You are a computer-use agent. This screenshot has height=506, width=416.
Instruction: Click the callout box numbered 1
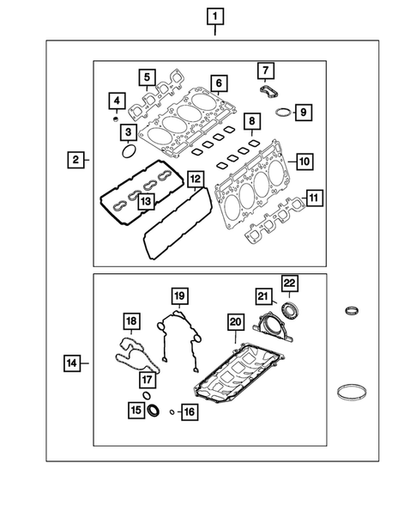point(214,15)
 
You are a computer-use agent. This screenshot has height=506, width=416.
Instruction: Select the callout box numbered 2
point(76,159)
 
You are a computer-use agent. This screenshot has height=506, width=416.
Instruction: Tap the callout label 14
point(75,363)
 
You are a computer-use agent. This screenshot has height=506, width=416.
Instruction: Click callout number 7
point(265,70)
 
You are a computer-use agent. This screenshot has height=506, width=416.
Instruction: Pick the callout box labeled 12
point(196,180)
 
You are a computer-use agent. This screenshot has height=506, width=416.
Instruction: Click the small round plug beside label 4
point(115,119)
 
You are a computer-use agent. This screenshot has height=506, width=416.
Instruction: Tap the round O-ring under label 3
point(128,152)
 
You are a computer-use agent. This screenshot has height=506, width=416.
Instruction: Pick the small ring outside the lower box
point(351,310)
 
